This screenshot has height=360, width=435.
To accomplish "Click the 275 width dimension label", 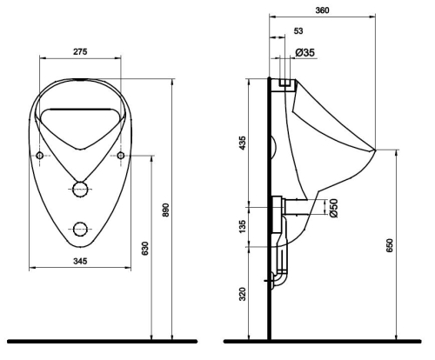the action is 80,52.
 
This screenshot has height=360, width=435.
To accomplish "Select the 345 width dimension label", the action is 80,261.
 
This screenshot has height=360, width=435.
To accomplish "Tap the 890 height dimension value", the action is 165,210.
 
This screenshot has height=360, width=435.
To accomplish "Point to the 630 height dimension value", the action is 144,249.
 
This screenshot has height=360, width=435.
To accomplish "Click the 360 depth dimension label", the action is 322,10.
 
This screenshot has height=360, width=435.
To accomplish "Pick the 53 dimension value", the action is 298,31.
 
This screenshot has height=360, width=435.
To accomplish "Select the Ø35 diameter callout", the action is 304,53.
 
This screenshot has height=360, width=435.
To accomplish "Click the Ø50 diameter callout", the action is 333,208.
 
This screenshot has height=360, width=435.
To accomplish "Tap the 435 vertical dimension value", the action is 242,143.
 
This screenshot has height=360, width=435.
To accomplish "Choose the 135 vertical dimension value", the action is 242,226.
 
